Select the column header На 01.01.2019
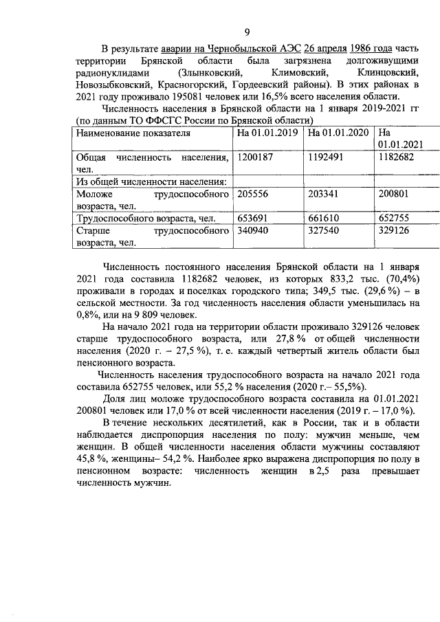[x=266, y=132]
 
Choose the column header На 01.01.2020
[x=338, y=132]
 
